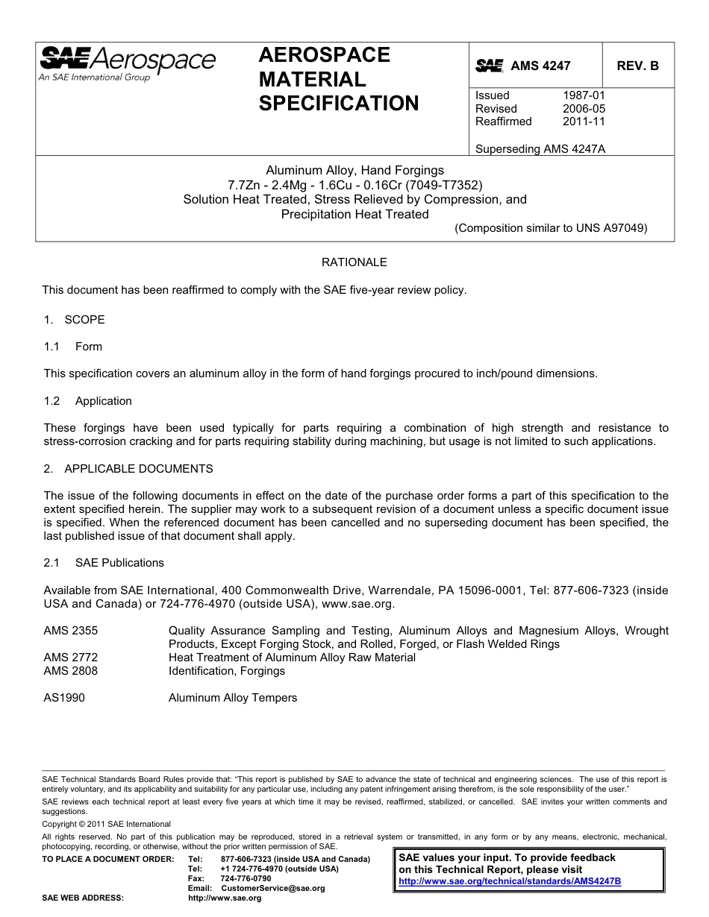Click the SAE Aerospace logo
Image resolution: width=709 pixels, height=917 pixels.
click(x=127, y=63)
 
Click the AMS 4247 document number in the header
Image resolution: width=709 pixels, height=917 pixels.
click(x=540, y=66)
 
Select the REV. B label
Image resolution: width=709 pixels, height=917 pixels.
click(x=637, y=66)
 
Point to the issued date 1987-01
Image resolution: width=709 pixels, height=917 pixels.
click(x=584, y=95)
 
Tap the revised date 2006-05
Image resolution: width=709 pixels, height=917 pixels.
click(x=584, y=109)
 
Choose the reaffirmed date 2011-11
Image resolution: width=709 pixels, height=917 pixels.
click(x=584, y=122)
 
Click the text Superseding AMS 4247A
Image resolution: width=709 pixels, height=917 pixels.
click(x=540, y=148)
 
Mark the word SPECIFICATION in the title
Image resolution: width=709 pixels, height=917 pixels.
click(x=339, y=104)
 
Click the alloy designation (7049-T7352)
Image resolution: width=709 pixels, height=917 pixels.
click(x=445, y=185)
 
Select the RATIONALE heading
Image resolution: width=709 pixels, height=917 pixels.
click(x=354, y=262)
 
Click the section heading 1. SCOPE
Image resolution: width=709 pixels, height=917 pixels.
click(x=74, y=320)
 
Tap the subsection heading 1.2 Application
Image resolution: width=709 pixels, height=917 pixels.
click(x=87, y=401)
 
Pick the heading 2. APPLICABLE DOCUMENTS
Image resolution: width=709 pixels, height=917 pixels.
click(x=128, y=469)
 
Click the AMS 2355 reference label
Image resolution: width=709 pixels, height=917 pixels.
click(x=70, y=631)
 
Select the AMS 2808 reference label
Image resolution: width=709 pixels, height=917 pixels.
click(x=70, y=671)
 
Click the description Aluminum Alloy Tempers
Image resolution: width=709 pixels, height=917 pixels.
click(x=233, y=698)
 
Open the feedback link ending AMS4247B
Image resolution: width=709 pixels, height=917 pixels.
click(x=510, y=881)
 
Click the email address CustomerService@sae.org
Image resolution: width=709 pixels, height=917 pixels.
click(x=273, y=889)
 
